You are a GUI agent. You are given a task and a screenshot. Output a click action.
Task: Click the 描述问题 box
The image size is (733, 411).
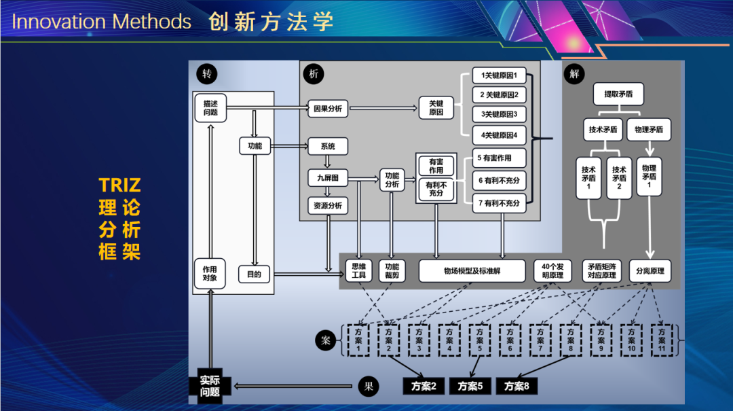click(x=210, y=107)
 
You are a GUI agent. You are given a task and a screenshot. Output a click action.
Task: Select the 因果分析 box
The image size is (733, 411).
click(x=328, y=108)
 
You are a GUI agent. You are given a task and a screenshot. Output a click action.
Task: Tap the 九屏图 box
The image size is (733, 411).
click(x=328, y=179)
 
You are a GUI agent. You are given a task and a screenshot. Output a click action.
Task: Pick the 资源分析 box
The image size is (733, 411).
click(x=328, y=205)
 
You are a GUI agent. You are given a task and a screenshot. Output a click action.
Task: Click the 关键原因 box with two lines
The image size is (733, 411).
click(x=436, y=107)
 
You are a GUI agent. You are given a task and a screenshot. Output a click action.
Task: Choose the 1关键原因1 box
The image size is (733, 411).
click(x=499, y=75)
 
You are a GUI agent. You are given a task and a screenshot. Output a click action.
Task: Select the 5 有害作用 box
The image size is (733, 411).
click(x=499, y=158)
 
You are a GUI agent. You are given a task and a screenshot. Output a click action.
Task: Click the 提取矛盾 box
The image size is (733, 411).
click(x=618, y=94)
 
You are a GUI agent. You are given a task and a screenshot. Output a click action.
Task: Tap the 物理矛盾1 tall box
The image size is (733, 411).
click(x=649, y=177)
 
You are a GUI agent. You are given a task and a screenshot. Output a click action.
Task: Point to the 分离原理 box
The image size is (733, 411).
click(x=650, y=271)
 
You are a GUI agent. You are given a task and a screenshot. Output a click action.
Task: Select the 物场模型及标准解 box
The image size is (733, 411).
click(x=472, y=271)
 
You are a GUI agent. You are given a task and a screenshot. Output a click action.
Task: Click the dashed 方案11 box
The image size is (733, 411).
click(x=662, y=340)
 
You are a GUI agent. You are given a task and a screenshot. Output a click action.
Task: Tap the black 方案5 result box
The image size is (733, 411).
click(x=470, y=387)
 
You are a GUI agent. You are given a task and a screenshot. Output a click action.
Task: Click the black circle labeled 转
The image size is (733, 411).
click(x=206, y=73)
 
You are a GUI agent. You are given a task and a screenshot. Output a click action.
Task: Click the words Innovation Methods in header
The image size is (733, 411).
click(x=102, y=22)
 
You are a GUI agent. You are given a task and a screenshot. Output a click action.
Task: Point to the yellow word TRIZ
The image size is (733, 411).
click(x=119, y=185)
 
